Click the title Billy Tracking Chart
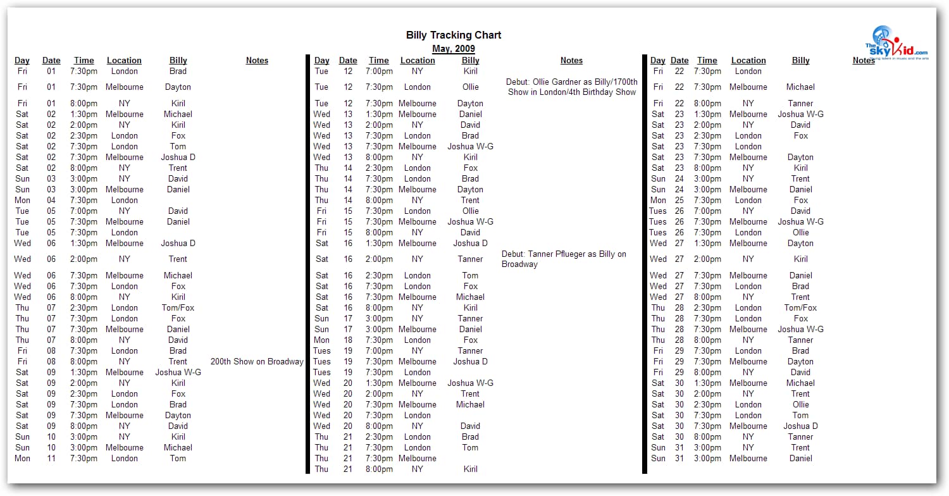pyautogui.click(x=454, y=35)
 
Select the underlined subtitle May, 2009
pyautogui.click(x=454, y=49)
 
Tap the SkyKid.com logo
pyautogui.click(x=896, y=44)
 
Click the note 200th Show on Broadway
pyautogui.click(x=257, y=362)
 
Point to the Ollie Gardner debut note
pyautogui.click(x=571, y=87)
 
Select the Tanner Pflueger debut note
pyautogui.click(x=564, y=259)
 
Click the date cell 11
pyautogui.click(x=51, y=459)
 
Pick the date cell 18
pyautogui.click(x=348, y=340)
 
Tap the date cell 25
pyautogui.click(x=679, y=201)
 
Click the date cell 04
pyautogui.click(x=51, y=201)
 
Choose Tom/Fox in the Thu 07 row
pyautogui.click(x=178, y=308)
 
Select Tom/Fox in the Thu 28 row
pyautogui.click(x=800, y=308)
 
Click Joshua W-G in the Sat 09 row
pyautogui.click(x=178, y=373)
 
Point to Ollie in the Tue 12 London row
pyautogui.click(x=470, y=87)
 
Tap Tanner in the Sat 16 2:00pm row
pyautogui.click(x=470, y=259)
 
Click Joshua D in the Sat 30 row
pyautogui.click(x=800, y=426)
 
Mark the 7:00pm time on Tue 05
pyautogui.click(x=84, y=211)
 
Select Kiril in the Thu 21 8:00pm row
pyautogui.click(x=470, y=469)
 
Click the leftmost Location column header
pyautogui.click(x=124, y=61)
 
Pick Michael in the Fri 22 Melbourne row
pyautogui.click(x=800, y=87)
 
